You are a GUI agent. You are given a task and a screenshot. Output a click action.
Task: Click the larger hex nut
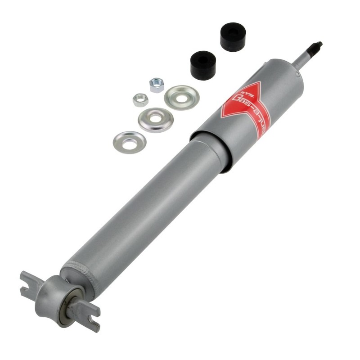pyautogui.click(x=157, y=85)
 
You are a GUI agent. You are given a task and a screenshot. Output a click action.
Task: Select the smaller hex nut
pyautogui.click(x=140, y=99)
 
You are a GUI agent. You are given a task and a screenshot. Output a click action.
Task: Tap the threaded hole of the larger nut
pyautogui.click(x=157, y=84)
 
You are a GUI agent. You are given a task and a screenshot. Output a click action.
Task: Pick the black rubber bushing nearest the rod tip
pyautogui.click(x=232, y=36)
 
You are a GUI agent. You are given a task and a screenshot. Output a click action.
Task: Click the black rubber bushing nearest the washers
pyautogui.click(x=204, y=65)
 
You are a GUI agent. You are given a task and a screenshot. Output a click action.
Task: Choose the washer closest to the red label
pyautogui.click(x=181, y=97)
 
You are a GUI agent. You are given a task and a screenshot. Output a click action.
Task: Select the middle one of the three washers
pyautogui.click(x=155, y=120)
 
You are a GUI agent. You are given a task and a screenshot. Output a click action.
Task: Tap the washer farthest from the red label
pyautogui.click(x=129, y=142)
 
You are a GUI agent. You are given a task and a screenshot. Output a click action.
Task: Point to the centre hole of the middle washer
pyautogui.click(x=155, y=119)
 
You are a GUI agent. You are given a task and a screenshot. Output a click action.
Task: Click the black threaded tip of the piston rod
pyautogui.click(x=316, y=46)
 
